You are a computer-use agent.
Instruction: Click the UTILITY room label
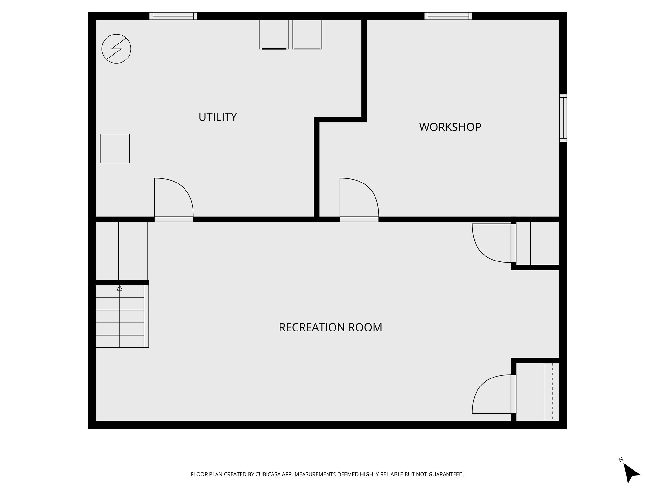[x=217, y=117]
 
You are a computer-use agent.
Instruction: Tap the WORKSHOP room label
[x=450, y=127]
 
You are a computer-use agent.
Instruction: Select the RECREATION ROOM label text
[x=330, y=328]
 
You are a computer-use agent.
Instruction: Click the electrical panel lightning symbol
[x=116, y=49]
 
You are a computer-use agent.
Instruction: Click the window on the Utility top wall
[x=173, y=16]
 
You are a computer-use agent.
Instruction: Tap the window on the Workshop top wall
[x=448, y=16]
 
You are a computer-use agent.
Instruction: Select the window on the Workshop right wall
[x=563, y=118]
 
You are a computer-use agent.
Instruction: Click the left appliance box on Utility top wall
[x=274, y=34]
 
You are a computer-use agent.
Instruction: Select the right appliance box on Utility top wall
[x=307, y=34]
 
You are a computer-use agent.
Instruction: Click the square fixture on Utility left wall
[x=115, y=148]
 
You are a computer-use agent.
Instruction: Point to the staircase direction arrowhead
[x=120, y=288]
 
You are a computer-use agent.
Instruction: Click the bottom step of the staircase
[x=120, y=341]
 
